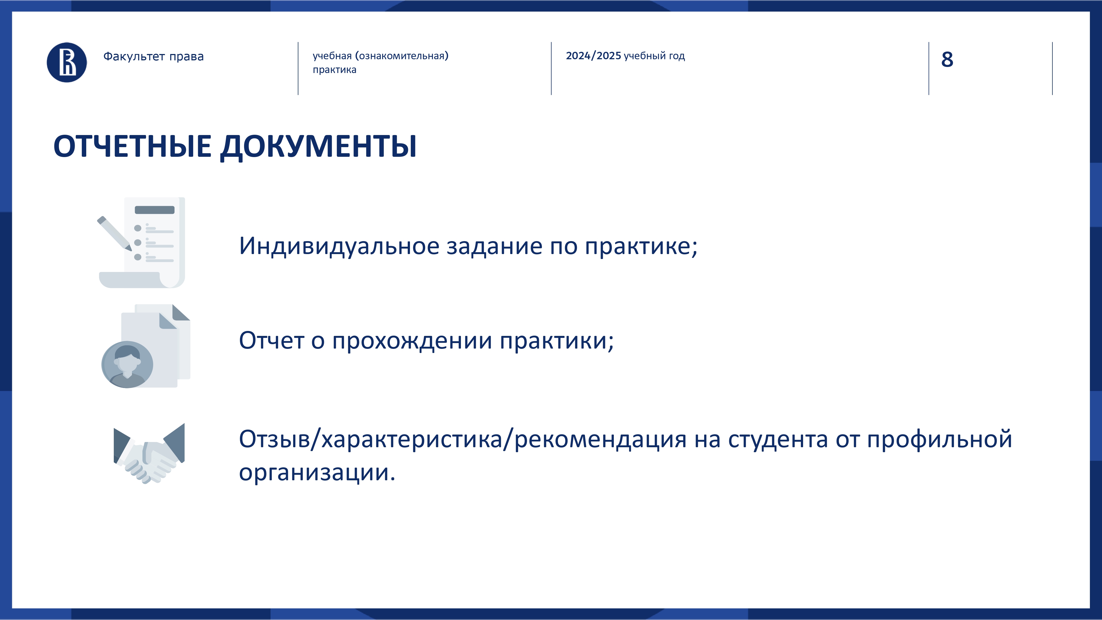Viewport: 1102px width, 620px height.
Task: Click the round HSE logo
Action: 67,63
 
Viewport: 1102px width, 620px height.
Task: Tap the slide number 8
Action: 947,60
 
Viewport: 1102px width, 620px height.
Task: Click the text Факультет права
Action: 153,56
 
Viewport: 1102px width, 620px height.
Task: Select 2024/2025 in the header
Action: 593,56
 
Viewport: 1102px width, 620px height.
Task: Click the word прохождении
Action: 412,341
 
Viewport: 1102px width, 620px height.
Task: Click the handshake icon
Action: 149,454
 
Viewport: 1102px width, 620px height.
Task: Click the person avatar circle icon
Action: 127,365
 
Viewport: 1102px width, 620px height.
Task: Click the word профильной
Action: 939,440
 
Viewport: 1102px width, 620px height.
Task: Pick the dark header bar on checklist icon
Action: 155,210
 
